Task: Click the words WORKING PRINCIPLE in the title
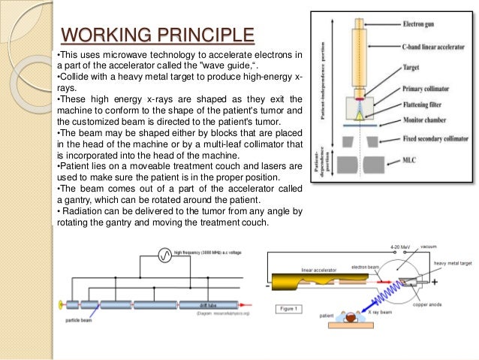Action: [x=157, y=35]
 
